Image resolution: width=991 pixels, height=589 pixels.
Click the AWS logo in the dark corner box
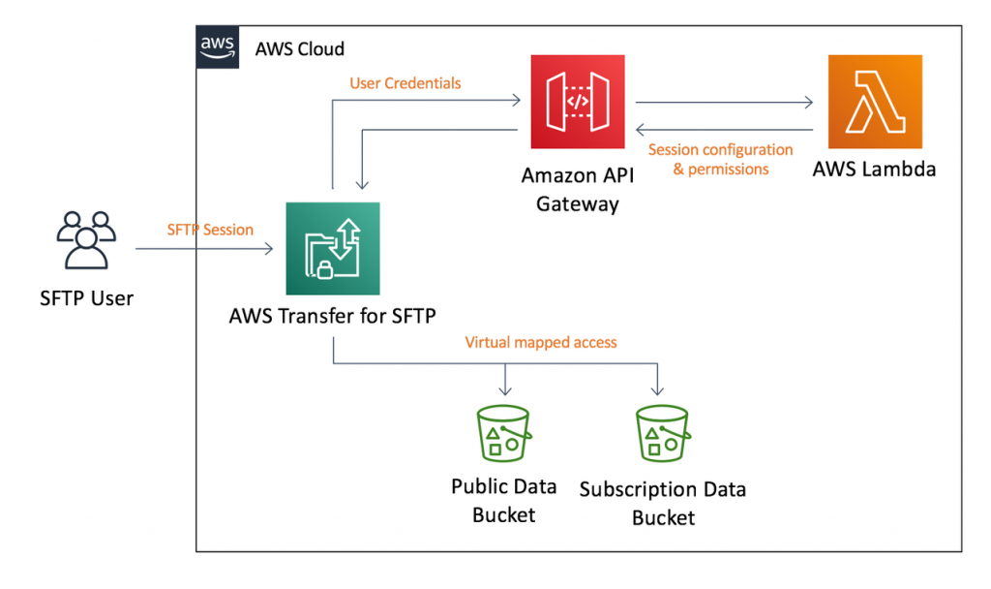(217, 46)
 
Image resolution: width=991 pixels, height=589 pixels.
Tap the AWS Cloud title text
(299, 48)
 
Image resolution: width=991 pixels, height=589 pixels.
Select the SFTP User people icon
(86, 240)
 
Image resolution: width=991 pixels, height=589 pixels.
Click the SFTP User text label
(86, 297)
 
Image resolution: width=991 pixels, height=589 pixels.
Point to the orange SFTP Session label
(210, 230)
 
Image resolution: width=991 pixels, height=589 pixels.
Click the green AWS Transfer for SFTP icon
(333, 248)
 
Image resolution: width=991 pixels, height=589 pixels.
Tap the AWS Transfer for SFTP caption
(332, 317)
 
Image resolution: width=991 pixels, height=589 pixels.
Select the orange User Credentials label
(405, 83)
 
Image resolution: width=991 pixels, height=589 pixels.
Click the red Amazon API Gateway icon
(577, 101)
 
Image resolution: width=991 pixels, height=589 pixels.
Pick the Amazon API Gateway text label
(578, 190)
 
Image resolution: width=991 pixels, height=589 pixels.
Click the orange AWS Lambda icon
(874, 101)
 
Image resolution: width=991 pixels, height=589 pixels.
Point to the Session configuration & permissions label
(720, 160)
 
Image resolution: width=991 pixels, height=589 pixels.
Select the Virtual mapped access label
(540, 342)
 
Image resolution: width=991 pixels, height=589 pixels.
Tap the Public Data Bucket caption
(503, 500)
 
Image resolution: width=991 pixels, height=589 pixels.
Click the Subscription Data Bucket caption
(663, 503)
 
